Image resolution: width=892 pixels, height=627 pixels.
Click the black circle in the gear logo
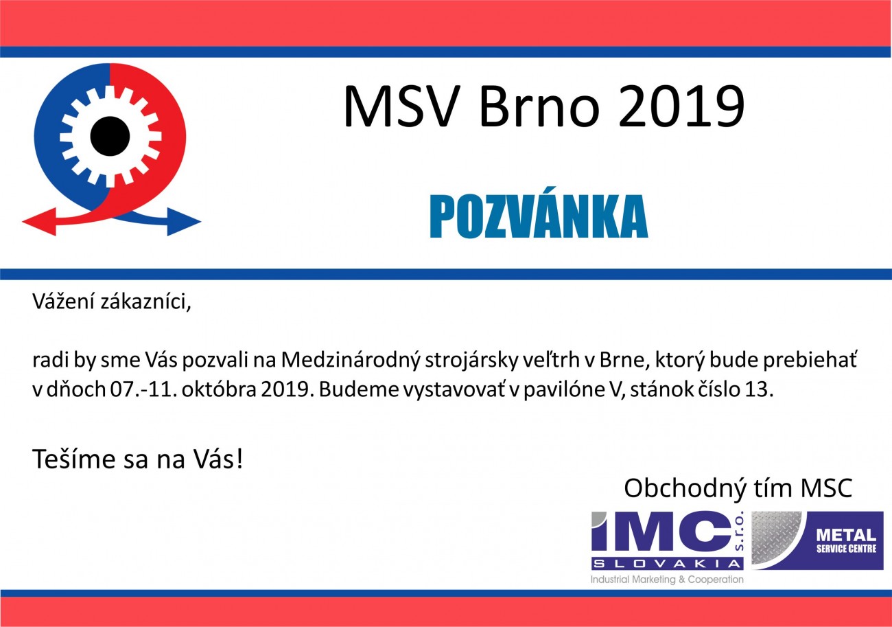click(x=110, y=137)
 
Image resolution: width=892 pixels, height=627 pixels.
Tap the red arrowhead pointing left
click(x=39, y=222)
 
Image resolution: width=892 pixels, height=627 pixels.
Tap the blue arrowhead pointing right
click(x=184, y=222)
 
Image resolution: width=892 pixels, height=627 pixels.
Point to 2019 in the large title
click(x=681, y=106)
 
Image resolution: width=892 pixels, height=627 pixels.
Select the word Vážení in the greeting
click(x=63, y=301)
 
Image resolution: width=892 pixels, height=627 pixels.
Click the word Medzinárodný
click(x=351, y=360)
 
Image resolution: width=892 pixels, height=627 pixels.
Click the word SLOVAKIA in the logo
click(x=667, y=564)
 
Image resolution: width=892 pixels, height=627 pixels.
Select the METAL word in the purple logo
click(x=846, y=535)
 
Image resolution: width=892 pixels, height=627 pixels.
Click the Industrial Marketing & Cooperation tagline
click(x=667, y=580)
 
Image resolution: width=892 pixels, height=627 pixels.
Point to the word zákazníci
click(x=145, y=301)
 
